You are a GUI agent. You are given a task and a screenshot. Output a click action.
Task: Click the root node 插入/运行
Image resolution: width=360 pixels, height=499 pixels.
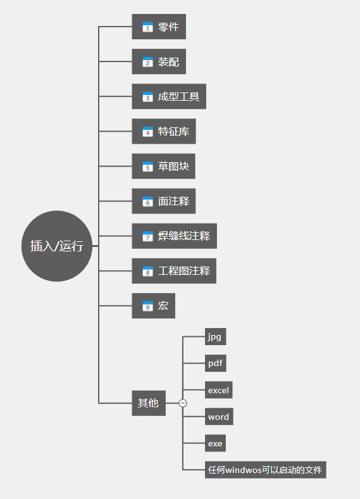pos(57,246)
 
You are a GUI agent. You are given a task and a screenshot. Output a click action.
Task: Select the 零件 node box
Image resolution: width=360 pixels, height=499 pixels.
pos(159,27)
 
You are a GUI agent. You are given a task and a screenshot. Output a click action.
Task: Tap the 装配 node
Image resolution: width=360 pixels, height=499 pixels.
pos(159,61)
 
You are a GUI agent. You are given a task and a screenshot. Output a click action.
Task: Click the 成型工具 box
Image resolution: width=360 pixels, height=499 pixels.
pos(169,96)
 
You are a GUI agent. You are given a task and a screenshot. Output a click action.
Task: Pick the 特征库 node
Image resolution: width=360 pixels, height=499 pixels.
pos(164,132)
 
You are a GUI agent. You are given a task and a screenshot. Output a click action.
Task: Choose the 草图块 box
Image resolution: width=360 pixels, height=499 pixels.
pos(163,166)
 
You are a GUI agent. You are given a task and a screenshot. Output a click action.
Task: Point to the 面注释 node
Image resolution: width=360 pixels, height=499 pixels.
pos(164,201)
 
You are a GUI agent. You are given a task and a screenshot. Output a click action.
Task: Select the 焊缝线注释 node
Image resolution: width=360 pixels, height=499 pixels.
pos(174,236)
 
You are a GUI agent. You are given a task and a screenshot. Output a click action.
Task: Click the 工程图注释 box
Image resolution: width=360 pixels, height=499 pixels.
pos(174,271)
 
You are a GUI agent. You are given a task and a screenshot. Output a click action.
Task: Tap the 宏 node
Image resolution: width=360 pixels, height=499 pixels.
pos(154,306)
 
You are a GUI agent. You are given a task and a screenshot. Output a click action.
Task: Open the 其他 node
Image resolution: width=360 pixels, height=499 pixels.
pos(149,403)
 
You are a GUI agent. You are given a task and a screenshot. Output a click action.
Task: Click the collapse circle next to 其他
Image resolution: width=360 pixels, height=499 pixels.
pos(183,403)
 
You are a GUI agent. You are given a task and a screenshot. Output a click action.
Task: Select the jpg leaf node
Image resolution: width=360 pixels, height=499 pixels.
pos(216,337)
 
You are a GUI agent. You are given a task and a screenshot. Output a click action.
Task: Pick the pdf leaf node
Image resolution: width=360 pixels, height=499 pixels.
pos(216,363)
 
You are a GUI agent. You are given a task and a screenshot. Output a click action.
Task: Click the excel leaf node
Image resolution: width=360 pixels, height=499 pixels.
pos(219,390)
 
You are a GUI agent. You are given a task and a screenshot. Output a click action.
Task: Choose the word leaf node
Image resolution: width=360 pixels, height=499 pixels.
pos(219,417)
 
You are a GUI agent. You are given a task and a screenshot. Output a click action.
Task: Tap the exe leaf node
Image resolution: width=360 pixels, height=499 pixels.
pos(216,443)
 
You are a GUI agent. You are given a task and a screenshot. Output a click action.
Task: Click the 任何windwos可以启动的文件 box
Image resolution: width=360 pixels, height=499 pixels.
pos(266,470)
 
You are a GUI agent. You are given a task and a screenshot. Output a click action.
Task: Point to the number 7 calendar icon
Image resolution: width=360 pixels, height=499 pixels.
pos(147,236)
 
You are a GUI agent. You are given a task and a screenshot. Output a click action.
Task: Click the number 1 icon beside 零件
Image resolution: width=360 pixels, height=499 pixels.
pos(147,27)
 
